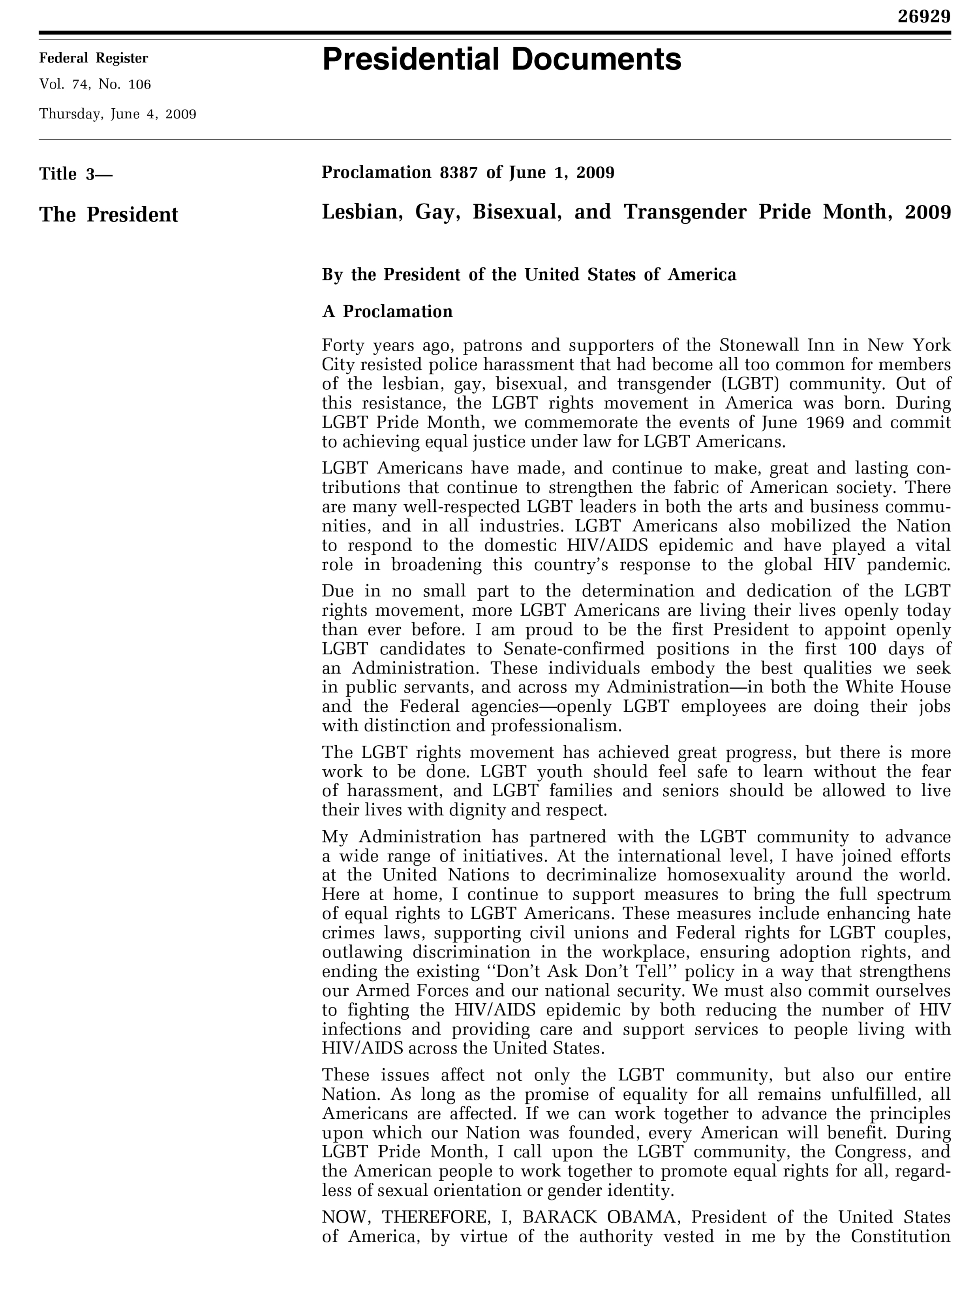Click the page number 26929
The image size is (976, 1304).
(923, 17)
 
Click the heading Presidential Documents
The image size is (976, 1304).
(501, 60)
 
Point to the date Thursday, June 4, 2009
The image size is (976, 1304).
(118, 114)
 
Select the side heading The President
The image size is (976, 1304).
(109, 215)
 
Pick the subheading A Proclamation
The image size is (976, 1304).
(387, 311)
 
